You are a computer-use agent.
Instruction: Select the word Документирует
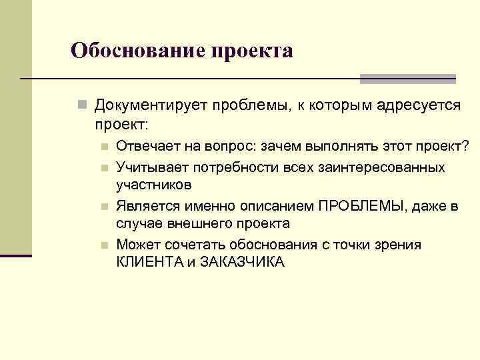[151, 106]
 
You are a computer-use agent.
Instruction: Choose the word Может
[135, 245]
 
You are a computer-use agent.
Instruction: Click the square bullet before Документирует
[81, 106]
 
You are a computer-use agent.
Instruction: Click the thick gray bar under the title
[407, 79]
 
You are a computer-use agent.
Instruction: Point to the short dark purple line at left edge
[16, 255]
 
